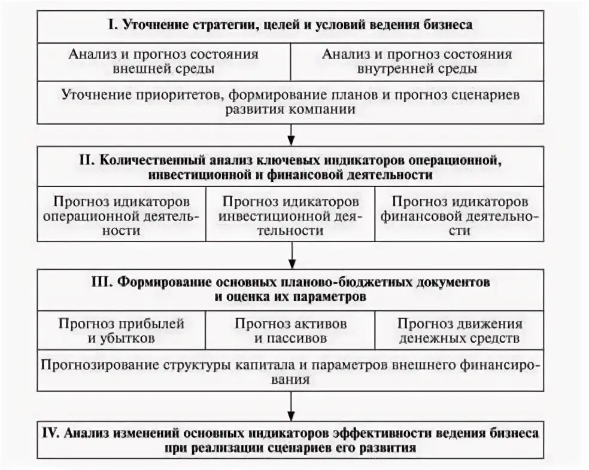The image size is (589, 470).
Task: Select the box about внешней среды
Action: (x=164, y=62)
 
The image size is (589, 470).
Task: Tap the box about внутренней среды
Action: (x=417, y=62)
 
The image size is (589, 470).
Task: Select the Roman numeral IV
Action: (x=51, y=432)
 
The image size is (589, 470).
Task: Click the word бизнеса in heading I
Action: (x=445, y=25)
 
